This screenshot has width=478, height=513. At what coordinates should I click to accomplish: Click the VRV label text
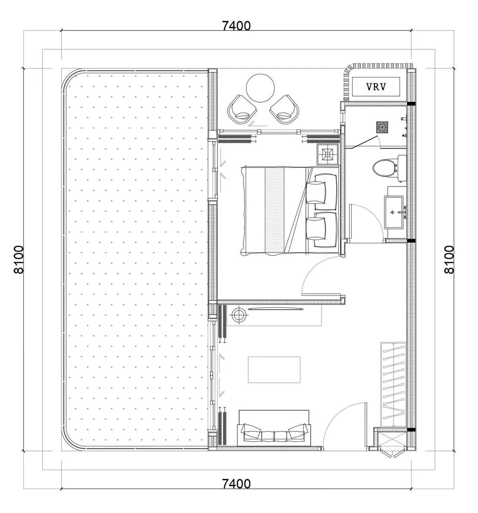pyautogui.click(x=376, y=87)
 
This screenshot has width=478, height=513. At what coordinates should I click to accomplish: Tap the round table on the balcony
pyautogui.click(x=260, y=88)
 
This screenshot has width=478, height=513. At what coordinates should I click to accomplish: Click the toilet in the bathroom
pyautogui.click(x=386, y=168)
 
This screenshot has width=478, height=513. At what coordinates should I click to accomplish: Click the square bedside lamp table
pyautogui.click(x=327, y=154)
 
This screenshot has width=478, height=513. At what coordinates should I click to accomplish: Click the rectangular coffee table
pyautogui.click(x=274, y=370)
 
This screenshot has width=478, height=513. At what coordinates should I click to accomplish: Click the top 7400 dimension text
pyautogui.click(x=236, y=26)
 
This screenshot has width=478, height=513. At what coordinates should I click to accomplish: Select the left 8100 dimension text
pyautogui.click(x=19, y=260)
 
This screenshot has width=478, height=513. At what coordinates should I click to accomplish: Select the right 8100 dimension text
pyautogui.click(x=449, y=260)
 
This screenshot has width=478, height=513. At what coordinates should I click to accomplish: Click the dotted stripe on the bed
pyautogui.click(x=275, y=210)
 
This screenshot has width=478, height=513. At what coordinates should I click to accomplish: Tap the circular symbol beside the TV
pyautogui.click(x=238, y=315)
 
